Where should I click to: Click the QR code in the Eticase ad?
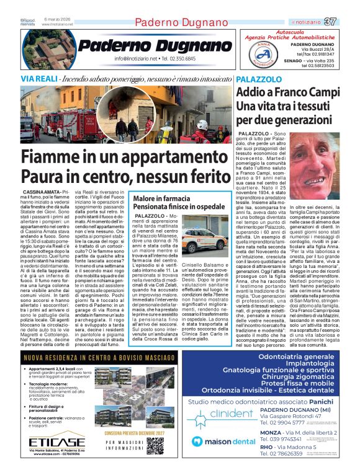[155, 445]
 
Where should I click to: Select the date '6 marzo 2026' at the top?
[58, 19]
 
